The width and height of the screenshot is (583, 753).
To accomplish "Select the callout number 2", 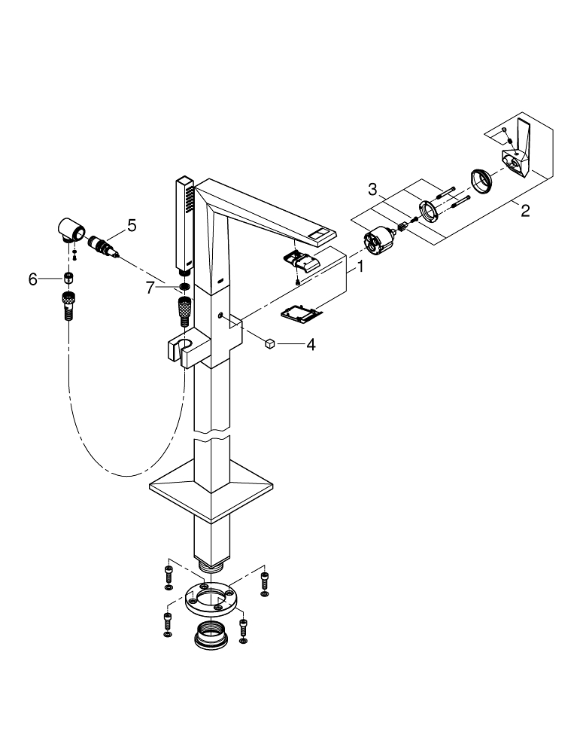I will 525,210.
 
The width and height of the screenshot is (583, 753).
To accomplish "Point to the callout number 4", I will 309,344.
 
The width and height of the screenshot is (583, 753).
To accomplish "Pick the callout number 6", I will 32,279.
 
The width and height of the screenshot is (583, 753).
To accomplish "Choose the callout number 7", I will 150,286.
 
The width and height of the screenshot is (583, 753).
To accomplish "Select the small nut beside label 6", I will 68,279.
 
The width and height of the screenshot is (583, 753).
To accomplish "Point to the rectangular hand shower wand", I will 184,222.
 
